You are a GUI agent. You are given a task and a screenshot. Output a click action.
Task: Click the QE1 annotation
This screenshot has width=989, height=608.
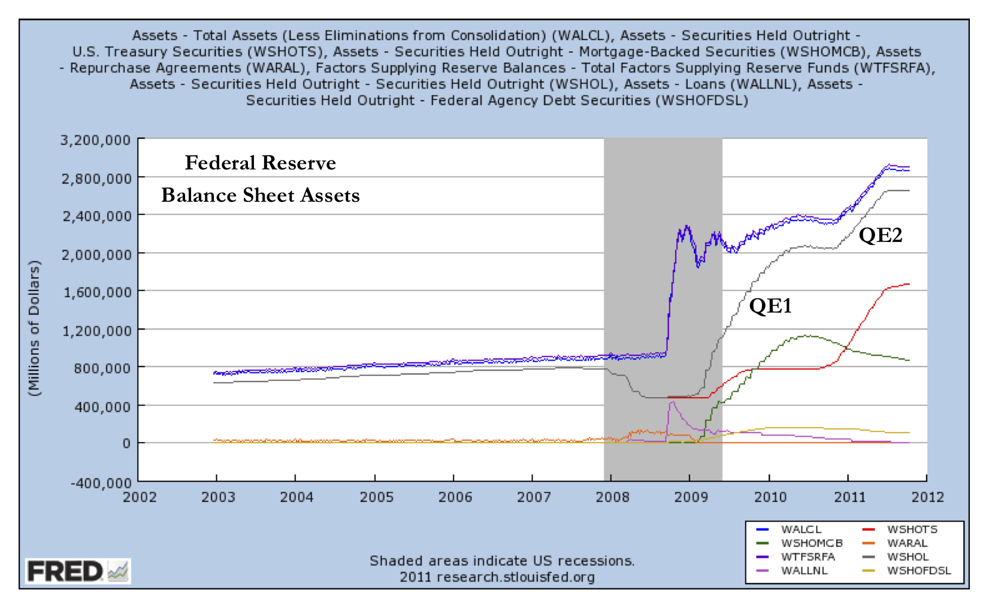(770, 306)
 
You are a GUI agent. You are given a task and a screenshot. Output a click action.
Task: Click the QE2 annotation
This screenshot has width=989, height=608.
(880, 235)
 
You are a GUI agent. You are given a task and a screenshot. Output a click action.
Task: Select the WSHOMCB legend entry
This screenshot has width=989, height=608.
(811, 543)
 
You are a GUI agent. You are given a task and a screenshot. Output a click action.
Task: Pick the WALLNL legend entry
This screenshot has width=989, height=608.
(804, 570)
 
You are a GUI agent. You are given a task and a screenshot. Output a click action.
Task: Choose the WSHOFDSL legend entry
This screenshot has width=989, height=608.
(918, 570)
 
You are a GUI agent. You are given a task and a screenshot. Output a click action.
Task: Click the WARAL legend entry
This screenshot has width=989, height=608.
(907, 543)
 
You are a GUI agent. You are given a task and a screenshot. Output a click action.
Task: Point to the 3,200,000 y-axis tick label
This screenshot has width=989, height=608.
(95, 140)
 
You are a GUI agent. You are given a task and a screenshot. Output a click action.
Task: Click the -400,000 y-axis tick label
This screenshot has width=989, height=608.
(100, 483)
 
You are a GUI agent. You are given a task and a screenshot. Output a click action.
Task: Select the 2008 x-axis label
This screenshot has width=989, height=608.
(612, 497)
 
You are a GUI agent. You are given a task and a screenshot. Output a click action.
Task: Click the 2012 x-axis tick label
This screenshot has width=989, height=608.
(927, 497)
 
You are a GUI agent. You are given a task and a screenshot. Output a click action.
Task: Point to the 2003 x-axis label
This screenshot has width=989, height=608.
(218, 497)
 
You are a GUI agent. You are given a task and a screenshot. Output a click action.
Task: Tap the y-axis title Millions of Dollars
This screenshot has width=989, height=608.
(34, 328)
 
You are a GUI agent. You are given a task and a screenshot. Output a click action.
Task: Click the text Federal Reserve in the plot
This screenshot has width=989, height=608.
(260, 163)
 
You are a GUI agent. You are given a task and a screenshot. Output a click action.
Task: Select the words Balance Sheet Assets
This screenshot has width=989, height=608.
(260, 195)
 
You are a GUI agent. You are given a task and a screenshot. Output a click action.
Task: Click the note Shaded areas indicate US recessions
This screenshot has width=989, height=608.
(501, 561)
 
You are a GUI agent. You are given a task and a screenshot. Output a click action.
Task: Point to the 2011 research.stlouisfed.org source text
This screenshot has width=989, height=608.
(497, 577)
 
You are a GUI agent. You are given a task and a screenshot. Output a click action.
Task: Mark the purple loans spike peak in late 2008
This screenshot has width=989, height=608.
(672, 401)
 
